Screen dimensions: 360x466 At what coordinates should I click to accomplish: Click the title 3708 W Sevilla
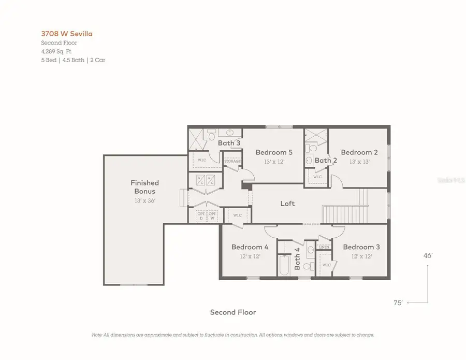[67, 34]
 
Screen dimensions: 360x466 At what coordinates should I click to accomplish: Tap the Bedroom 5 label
[274, 152]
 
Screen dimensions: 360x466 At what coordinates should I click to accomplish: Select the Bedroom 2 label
[359, 152]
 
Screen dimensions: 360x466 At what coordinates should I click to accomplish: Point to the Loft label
[287, 204]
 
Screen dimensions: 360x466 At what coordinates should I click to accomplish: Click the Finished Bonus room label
[144, 187]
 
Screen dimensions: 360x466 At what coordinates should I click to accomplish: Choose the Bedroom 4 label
[250, 247]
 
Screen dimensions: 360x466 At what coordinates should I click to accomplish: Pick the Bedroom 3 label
[361, 247]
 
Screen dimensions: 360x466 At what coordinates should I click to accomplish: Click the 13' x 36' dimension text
[144, 200]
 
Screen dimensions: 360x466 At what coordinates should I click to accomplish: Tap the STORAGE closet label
[232, 162]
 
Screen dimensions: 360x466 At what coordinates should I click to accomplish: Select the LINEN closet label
[324, 247]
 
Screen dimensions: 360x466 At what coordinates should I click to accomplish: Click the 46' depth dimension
[428, 255]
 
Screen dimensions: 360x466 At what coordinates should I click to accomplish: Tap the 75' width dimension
[398, 303]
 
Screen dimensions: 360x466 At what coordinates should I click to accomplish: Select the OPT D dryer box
[200, 215]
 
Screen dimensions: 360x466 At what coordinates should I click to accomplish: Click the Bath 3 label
[228, 142]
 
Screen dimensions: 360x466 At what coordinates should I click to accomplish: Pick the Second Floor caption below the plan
[232, 312]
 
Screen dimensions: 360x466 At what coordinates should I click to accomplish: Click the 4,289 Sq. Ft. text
[57, 51]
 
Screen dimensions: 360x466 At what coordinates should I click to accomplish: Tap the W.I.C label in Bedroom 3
[327, 265]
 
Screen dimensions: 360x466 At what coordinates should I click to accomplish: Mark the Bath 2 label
[326, 160]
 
